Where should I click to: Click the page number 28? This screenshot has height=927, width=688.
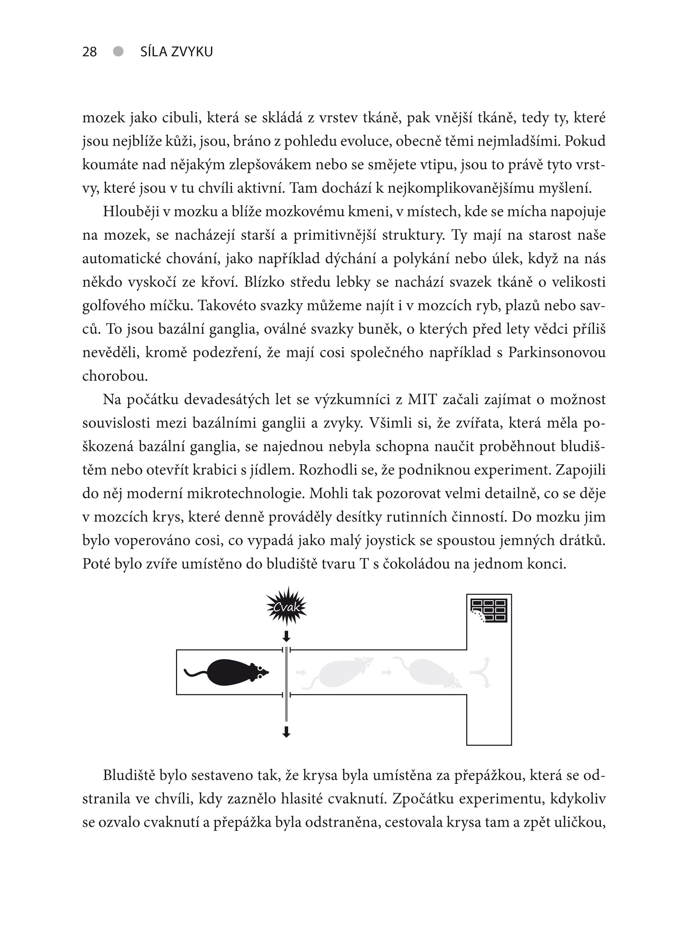pyautogui.click(x=89, y=52)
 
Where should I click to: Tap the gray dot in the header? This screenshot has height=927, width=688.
pyautogui.click(x=118, y=51)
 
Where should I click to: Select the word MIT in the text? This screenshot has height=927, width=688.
pyautogui.click(x=422, y=400)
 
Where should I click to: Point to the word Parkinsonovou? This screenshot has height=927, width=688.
pyautogui.click(x=556, y=353)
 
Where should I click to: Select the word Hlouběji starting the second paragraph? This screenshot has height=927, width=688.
pyautogui.click(x=131, y=212)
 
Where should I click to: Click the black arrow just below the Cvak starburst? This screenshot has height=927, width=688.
pyautogui.click(x=286, y=636)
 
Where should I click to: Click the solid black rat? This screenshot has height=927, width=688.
pyautogui.click(x=235, y=673)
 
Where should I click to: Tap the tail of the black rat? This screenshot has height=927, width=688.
pyautogui.click(x=195, y=673)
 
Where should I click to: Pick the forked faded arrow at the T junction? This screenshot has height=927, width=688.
pyautogui.click(x=482, y=672)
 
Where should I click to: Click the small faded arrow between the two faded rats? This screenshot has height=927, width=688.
pyautogui.click(x=387, y=672)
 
